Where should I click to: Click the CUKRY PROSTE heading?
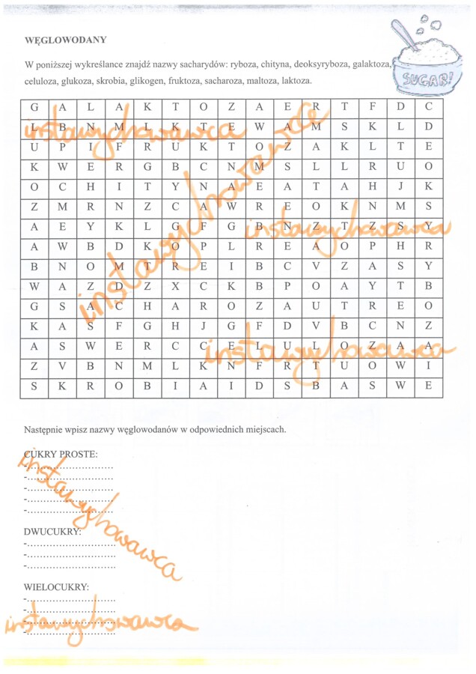61,455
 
